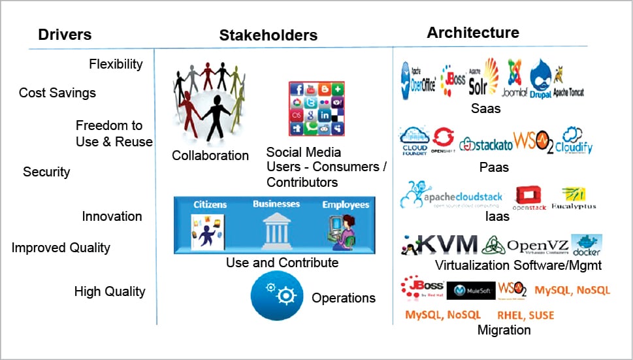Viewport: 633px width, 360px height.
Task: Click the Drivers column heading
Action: tap(65, 35)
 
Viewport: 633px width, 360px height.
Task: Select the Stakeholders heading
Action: tap(268, 35)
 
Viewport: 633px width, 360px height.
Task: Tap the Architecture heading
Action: tap(473, 33)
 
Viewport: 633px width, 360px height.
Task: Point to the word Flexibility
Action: tap(116, 64)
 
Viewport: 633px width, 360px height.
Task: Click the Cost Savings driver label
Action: tap(57, 93)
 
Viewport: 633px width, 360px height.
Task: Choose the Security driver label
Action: tap(46, 172)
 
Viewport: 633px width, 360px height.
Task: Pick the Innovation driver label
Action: tap(112, 216)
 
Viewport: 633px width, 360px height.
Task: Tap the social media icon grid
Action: tap(317, 108)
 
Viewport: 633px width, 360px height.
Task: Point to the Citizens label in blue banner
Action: tap(210, 205)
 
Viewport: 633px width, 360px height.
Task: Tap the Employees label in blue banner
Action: tap(346, 205)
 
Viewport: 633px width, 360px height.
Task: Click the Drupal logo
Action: tap(542, 80)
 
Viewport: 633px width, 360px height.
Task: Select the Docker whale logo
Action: tap(586, 244)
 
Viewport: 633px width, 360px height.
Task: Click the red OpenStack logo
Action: tap(529, 197)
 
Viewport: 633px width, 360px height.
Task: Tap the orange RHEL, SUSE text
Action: tap(525, 316)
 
